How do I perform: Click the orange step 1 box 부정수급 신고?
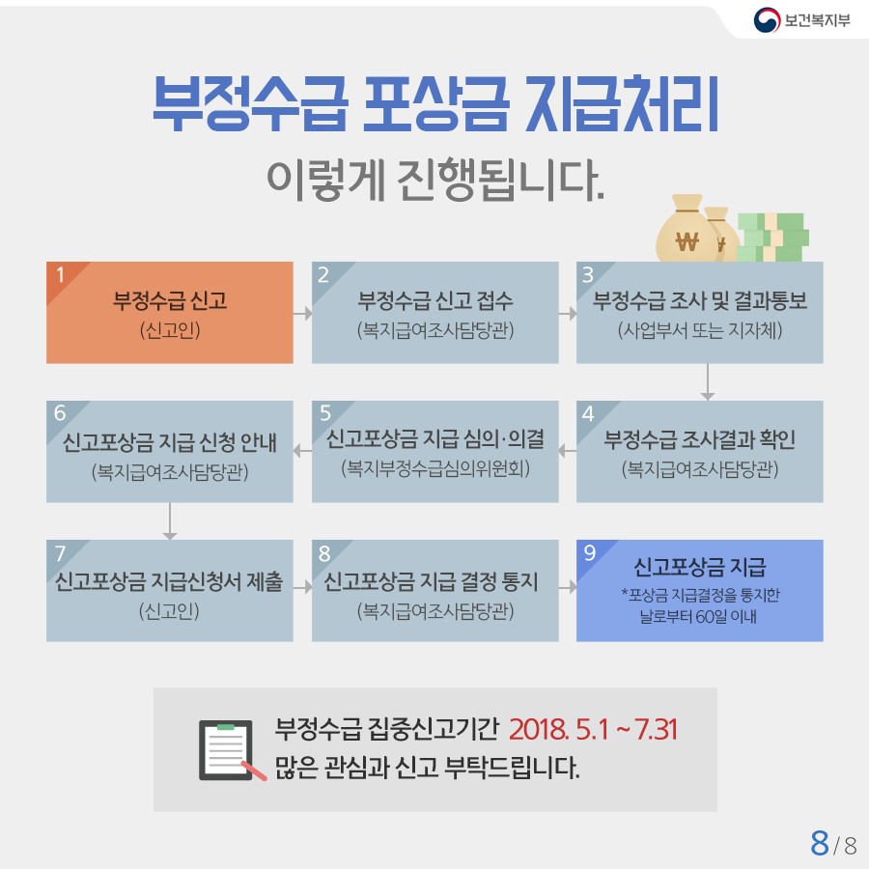tap(170, 313)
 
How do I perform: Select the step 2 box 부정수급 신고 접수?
tap(435, 313)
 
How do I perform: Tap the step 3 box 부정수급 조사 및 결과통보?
tap(699, 313)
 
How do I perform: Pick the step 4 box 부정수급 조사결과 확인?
tap(699, 452)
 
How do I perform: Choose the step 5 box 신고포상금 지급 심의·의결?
tap(435, 452)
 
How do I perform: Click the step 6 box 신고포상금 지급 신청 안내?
tap(170, 452)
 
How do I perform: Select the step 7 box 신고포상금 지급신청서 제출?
tap(170, 591)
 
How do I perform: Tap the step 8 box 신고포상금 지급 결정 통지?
tap(435, 591)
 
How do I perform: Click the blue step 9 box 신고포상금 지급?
tap(699, 591)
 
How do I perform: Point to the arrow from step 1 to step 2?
tap(302, 314)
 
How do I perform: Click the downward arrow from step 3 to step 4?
tap(707, 381)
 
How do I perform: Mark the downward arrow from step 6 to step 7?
tap(170, 521)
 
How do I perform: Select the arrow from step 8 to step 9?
tap(568, 587)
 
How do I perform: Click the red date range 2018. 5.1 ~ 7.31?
tap(593, 729)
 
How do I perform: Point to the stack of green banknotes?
tap(773, 238)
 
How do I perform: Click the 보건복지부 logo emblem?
tap(767, 20)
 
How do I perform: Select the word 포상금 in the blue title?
tap(435, 104)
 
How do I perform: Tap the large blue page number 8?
tap(820, 843)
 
